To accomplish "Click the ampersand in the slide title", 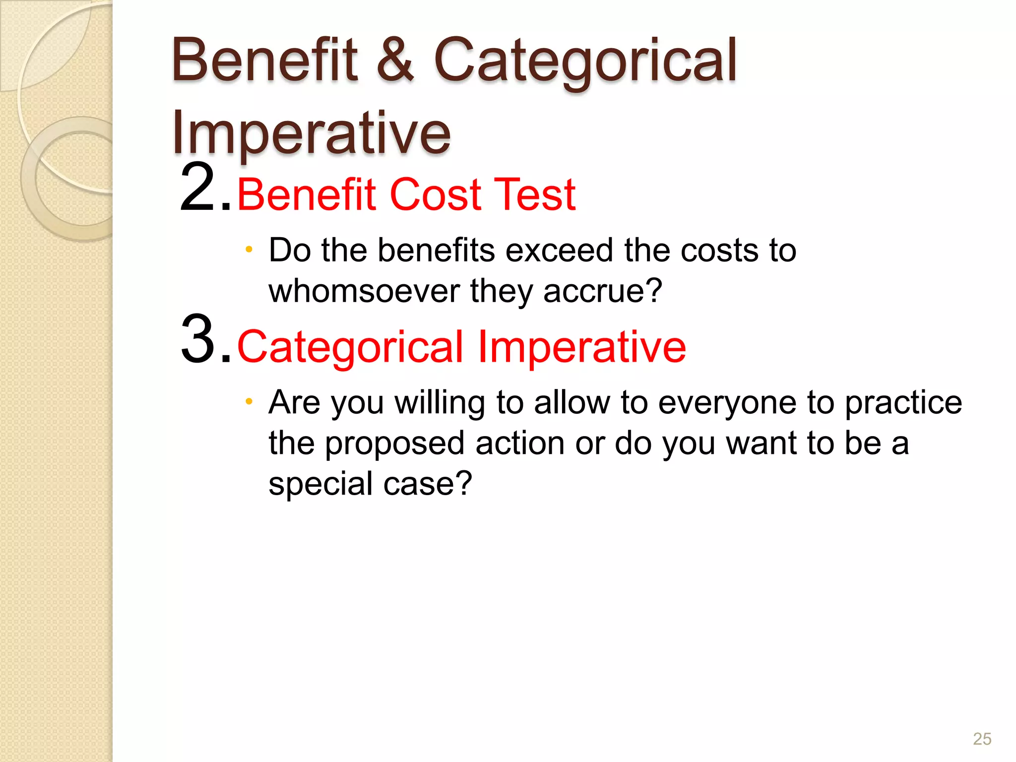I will pos(395,61).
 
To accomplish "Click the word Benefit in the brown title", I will pos(264,61).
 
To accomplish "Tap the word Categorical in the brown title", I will pos(585,61).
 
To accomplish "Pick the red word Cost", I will pos(435,194).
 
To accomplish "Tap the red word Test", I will pos(535,194).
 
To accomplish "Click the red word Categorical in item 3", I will pos(350,347).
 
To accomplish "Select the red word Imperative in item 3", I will pos(581,347).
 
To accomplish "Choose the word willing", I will pos(440,403).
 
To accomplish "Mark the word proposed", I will pos(394,444).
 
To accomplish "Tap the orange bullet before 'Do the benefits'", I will pos(249,249).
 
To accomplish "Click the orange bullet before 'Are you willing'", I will pos(249,401).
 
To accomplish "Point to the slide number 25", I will pos(982,739).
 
